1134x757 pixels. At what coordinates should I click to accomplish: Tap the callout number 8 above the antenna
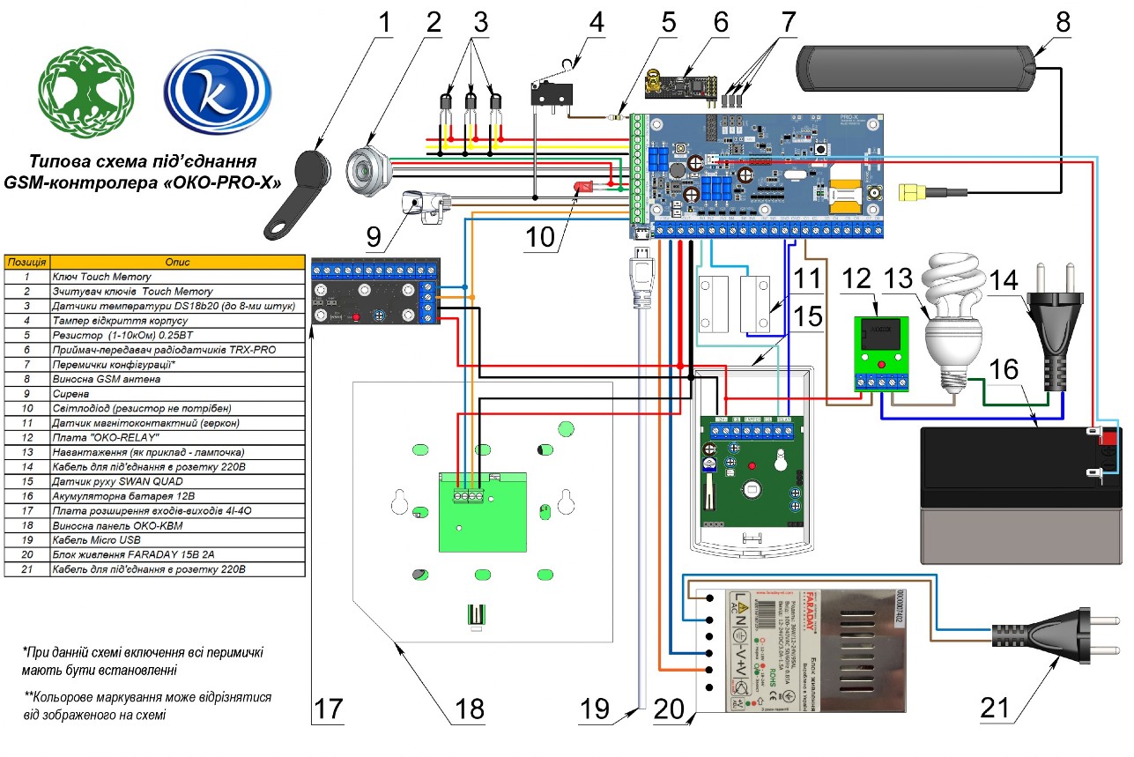[x=1063, y=21]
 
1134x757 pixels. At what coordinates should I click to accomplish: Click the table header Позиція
[x=28, y=263]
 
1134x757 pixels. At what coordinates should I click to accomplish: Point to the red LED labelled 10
[x=582, y=187]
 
